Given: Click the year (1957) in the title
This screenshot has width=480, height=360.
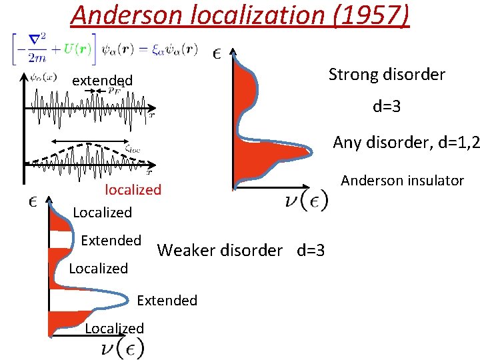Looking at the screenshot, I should pos(369,15).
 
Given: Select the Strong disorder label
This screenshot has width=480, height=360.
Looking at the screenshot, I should pos(387,74).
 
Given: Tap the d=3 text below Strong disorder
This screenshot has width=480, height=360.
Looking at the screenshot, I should pos(387,106).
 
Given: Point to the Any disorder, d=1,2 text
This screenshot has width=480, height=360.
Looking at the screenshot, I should pos(405,142).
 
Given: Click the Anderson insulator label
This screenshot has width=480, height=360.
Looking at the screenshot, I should pos(402,180).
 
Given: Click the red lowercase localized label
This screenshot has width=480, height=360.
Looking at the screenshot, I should pos(133,190).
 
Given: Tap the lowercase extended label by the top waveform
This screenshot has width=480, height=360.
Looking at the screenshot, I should pos(102,81).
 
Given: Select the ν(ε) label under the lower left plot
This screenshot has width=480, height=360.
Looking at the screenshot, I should pos(121,348).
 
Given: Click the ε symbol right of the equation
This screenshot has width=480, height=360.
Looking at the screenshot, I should pos(217,53).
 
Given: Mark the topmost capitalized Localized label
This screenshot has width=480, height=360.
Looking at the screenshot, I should pos(102,213).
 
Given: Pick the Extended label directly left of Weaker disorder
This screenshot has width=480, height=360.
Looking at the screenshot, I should pos(111,240).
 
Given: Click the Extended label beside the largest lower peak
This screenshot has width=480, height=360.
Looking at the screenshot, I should pos(167,301).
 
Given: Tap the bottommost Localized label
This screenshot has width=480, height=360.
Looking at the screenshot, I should pos(114,328).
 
